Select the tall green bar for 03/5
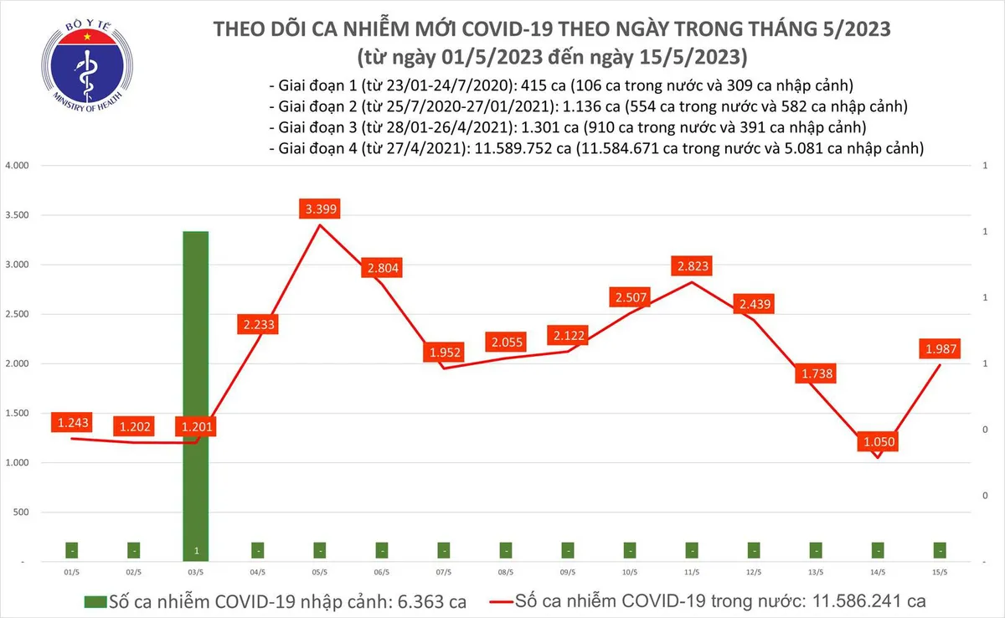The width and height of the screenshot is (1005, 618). [x=195, y=394]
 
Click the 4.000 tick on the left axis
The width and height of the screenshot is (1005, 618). [x=17, y=166]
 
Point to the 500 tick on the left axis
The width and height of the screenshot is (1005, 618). [x=21, y=512]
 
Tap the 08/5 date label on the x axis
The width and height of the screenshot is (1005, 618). [x=506, y=573]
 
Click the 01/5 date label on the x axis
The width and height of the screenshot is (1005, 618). [x=72, y=573]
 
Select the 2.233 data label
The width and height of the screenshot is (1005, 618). [x=258, y=324]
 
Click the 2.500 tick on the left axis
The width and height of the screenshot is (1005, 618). [x=17, y=315]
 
